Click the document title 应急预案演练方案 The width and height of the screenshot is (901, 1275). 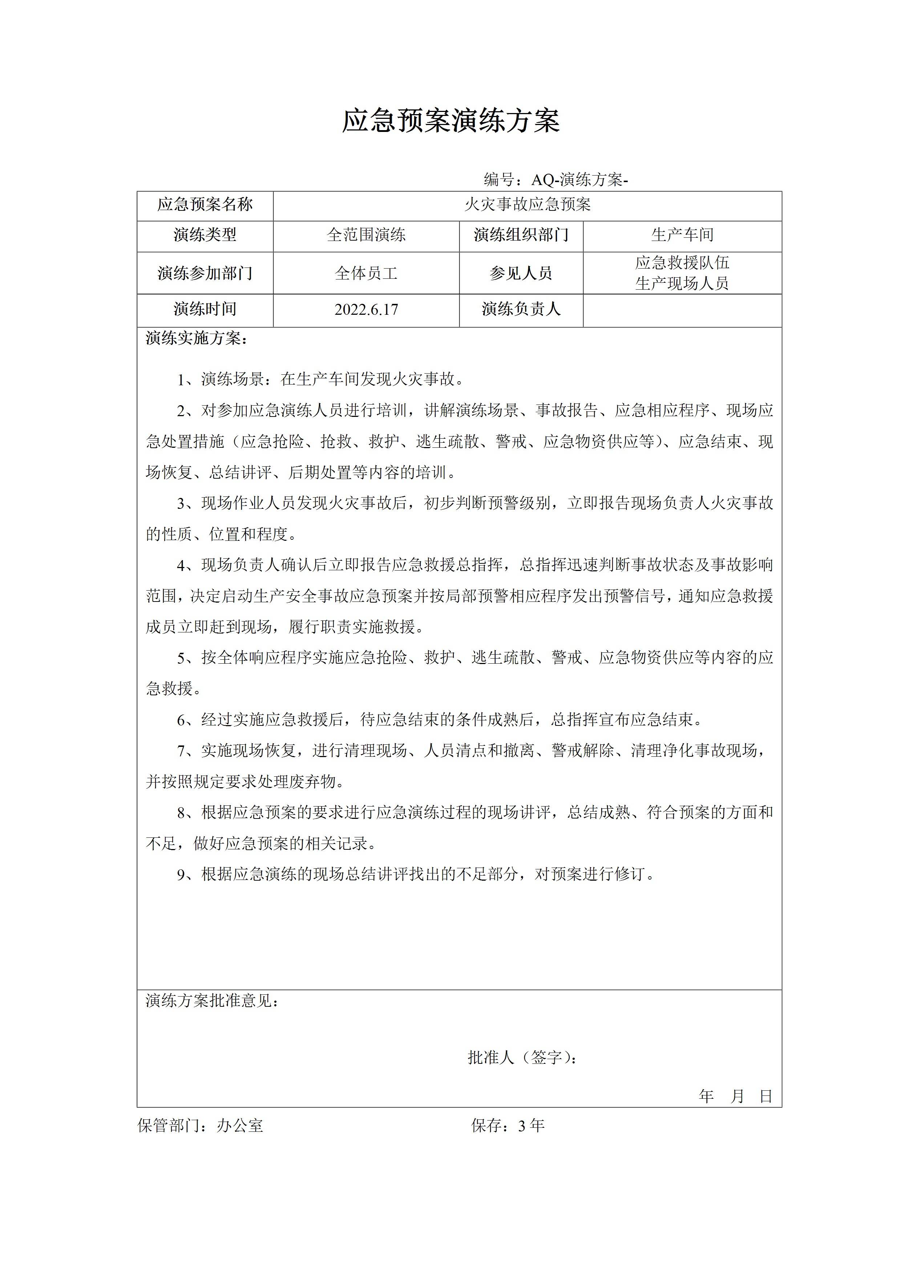pos(450,121)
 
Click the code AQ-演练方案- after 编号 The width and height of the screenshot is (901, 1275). pos(579,180)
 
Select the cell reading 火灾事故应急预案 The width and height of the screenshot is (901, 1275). pos(528,205)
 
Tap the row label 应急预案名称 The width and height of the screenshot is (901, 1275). pos(205,205)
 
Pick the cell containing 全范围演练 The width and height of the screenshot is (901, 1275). pos(367,235)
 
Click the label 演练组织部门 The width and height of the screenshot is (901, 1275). pos(521,235)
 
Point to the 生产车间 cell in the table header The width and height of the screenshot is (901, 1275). pos(682,235)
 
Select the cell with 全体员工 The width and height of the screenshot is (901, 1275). pos(367,273)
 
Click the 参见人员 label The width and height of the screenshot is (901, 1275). pos(521,273)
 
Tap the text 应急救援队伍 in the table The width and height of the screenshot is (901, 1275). pos(682,263)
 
